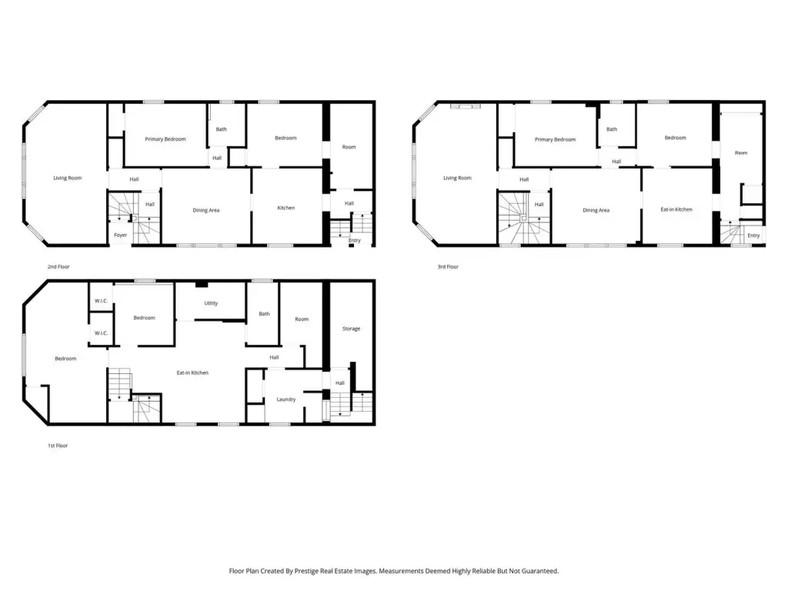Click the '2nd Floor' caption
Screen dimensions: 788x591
(58, 267)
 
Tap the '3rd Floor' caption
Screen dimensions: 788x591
(448, 267)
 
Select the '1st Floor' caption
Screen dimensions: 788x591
(58, 446)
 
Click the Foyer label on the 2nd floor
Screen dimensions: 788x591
(121, 235)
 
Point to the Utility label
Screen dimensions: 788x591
(211, 303)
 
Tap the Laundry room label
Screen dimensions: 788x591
(286, 399)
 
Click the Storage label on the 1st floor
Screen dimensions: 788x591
(351, 329)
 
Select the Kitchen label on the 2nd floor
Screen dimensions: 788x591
(286, 208)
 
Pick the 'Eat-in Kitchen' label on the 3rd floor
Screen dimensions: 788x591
(676, 209)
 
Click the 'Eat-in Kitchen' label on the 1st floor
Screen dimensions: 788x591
(192, 373)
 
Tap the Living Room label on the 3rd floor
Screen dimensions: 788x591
(457, 178)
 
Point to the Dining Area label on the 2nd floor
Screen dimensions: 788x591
(206, 211)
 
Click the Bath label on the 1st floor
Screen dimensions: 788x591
(265, 314)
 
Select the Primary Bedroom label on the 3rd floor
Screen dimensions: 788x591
(556, 140)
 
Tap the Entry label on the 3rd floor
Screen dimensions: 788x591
(753, 235)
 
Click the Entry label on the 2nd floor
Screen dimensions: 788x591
(354, 241)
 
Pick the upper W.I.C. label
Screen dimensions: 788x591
(101, 301)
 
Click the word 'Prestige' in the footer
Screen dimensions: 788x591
(306, 571)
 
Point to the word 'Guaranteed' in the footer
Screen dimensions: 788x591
(539, 571)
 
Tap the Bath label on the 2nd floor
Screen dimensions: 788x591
(221, 129)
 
